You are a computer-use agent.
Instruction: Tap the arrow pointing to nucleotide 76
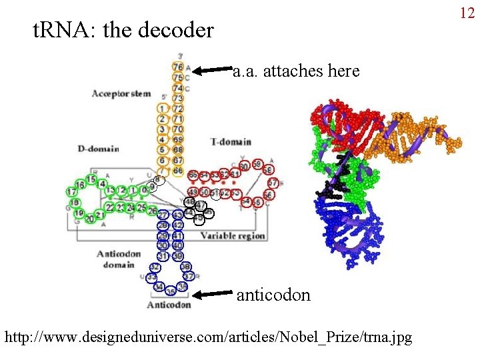pyautogui.click(x=212, y=68)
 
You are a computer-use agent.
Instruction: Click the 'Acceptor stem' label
pyautogui.click(x=121, y=93)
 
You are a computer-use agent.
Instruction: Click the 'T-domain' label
pyautogui.click(x=231, y=141)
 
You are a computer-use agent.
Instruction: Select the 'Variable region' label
pyautogui.click(x=233, y=235)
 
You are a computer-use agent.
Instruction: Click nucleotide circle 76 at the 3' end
pyautogui.click(x=178, y=67)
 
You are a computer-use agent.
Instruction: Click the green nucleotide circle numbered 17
pyautogui.click(x=72, y=192)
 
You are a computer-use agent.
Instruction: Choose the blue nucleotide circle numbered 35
pyautogui.click(x=171, y=291)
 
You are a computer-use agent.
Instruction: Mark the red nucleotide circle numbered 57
pyautogui.click(x=272, y=183)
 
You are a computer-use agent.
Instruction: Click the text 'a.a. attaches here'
pyautogui.click(x=295, y=71)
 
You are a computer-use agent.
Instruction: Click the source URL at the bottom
pyautogui.click(x=208, y=337)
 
